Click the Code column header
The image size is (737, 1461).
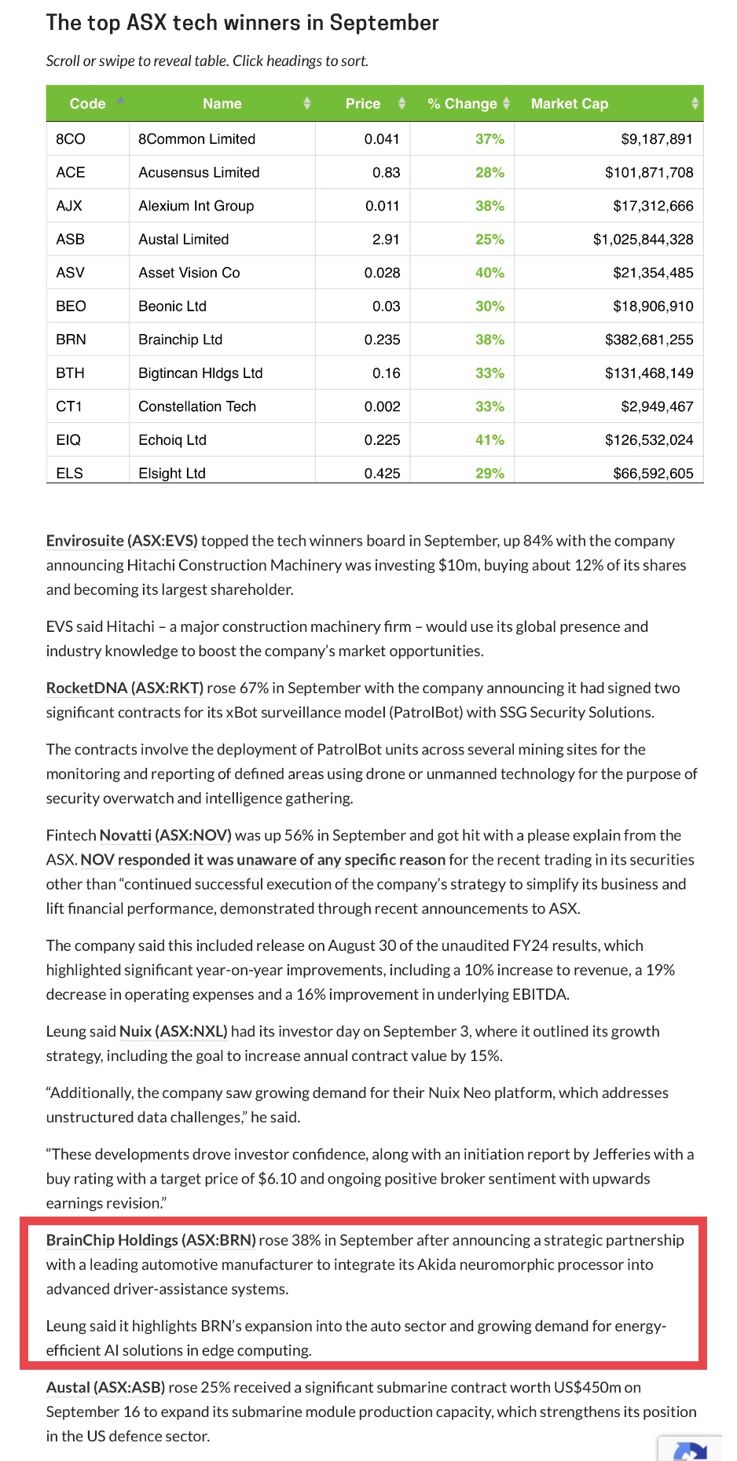[x=87, y=104]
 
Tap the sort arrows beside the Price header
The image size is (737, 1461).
[x=402, y=104]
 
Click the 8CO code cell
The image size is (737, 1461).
[x=71, y=139]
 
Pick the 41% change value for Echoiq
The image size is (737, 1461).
[x=489, y=440]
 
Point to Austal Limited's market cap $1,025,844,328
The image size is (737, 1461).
[x=643, y=240]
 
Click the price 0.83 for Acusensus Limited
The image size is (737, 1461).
[x=386, y=173]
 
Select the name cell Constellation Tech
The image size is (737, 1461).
[x=197, y=406]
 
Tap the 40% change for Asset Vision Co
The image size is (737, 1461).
[x=489, y=273]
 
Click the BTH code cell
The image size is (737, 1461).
[x=70, y=373]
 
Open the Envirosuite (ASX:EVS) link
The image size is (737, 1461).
[x=122, y=541]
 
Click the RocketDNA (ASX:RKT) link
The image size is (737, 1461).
[x=125, y=688]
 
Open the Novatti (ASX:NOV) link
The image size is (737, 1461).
[x=165, y=835]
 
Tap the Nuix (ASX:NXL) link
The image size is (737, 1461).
[x=173, y=1031]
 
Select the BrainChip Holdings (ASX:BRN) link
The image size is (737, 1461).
[x=151, y=1240]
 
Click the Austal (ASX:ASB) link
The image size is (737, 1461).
[x=105, y=1387]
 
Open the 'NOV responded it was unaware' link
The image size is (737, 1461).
[x=263, y=860]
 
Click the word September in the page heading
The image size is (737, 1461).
[x=384, y=23]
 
